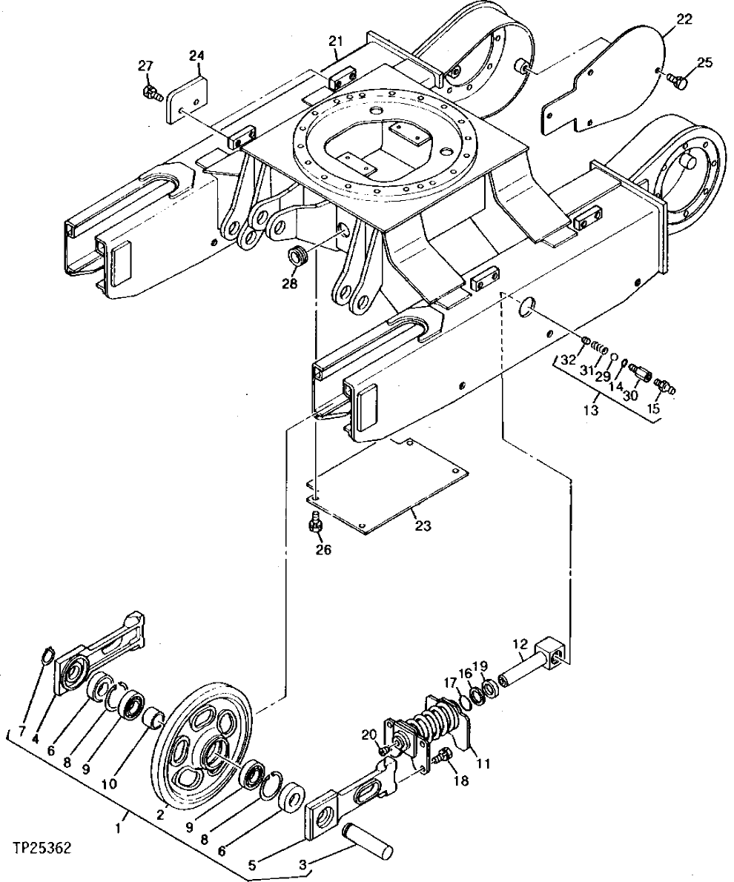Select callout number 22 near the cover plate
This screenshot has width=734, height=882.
click(x=684, y=19)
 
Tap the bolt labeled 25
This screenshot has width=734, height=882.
click(x=677, y=81)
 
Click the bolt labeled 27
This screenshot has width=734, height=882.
click(x=151, y=93)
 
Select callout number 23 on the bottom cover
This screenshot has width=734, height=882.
click(x=423, y=527)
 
